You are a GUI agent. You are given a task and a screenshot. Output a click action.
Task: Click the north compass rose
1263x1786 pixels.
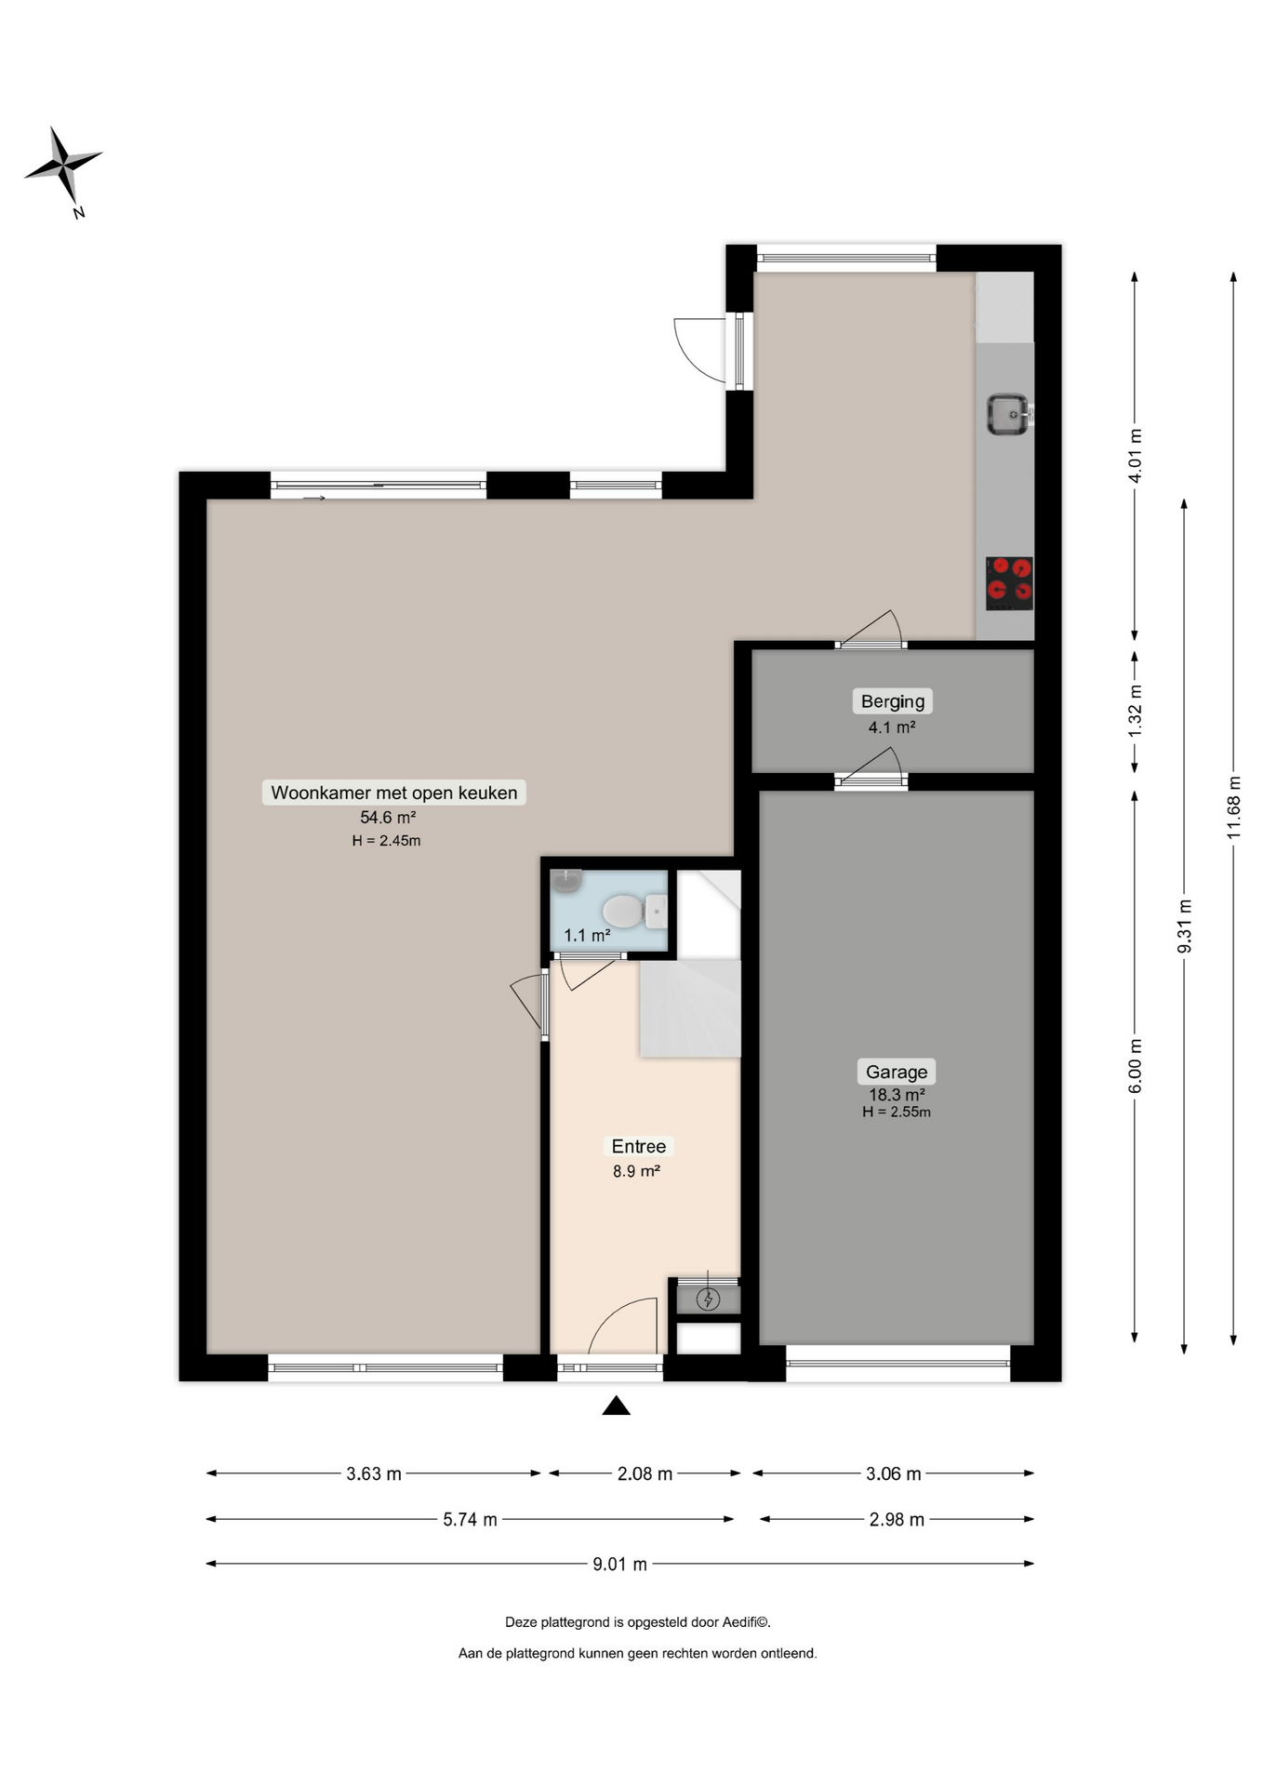[63, 167]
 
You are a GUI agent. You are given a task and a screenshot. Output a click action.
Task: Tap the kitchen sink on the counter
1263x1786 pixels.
[1008, 414]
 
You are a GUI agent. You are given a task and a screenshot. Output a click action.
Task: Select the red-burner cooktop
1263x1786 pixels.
[1009, 583]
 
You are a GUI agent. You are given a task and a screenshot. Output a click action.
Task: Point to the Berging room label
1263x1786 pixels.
[893, 701]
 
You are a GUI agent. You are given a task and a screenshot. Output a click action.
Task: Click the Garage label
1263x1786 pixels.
[897, 1072]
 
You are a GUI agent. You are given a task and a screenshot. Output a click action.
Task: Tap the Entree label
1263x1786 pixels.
[638, 1147]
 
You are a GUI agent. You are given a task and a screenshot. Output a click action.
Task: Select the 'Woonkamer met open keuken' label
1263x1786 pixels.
[394, 793]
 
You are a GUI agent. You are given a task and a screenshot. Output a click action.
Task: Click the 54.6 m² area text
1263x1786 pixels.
[388, 818]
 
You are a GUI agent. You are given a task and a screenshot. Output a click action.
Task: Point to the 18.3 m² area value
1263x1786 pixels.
[897, 1095]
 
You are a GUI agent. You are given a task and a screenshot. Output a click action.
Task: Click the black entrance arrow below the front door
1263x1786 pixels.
[616, 1405]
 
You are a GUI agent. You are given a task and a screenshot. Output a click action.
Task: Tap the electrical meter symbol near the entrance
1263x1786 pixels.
[709, 1299]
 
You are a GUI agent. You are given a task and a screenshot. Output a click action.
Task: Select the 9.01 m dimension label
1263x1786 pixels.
[620, 1564]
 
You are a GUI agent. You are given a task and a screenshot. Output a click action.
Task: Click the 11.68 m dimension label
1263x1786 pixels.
[1234, 807]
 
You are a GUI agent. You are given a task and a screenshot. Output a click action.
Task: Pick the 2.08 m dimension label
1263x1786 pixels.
[645, 1473]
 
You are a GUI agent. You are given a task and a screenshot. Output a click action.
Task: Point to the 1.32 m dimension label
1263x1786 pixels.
[1136, 712]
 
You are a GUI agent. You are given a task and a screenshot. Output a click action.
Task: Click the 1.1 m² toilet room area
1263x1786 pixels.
[587, 936]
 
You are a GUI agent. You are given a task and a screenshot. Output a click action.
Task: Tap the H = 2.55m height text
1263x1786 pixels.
[897, 1112]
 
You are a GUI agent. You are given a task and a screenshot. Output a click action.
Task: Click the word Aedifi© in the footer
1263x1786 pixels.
[747, 1622]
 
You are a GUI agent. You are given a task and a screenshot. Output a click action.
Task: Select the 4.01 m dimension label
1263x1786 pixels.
[1136, 456]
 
